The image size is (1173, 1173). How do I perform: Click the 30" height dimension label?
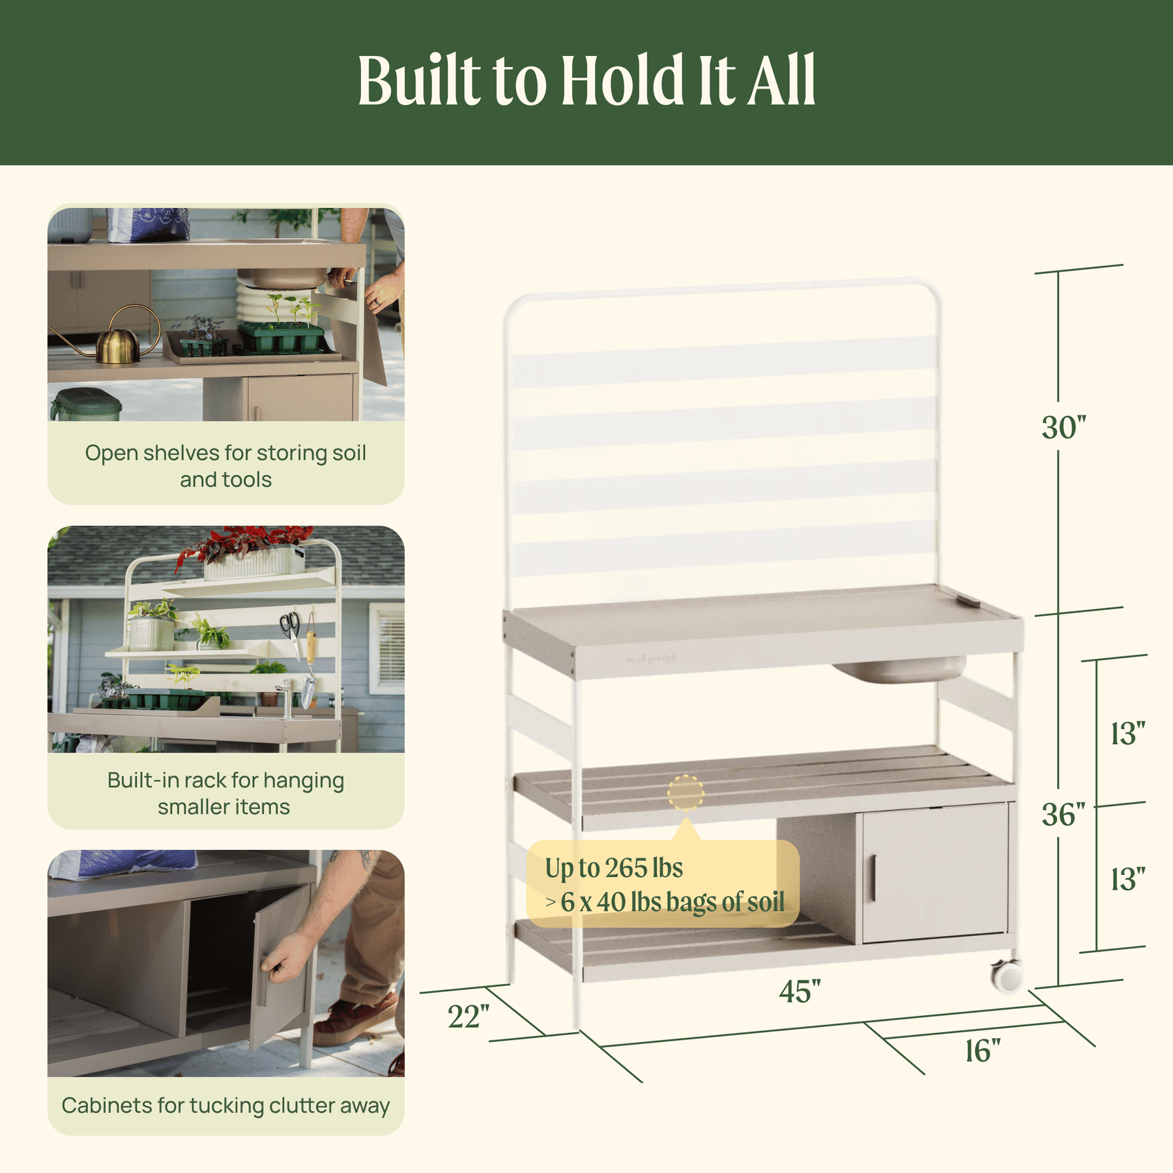pos(1064,427)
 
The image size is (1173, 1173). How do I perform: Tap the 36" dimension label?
pos(1064,815)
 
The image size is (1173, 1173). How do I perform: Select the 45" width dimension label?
pos(800,991)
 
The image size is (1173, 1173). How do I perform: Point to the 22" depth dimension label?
pos(468,1017)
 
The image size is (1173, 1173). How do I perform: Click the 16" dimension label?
pos(983,1050)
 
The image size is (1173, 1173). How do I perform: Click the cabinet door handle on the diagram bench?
pos(873,879)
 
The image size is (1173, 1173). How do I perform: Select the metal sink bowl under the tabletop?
pos(900,670)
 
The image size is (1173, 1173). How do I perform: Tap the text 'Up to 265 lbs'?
pos(614,868)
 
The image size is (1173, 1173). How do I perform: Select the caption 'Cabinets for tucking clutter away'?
pos(225,1105)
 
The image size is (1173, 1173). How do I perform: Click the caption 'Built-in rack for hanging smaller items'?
pos(225,793)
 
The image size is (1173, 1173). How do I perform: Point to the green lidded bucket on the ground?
pos(86,405)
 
